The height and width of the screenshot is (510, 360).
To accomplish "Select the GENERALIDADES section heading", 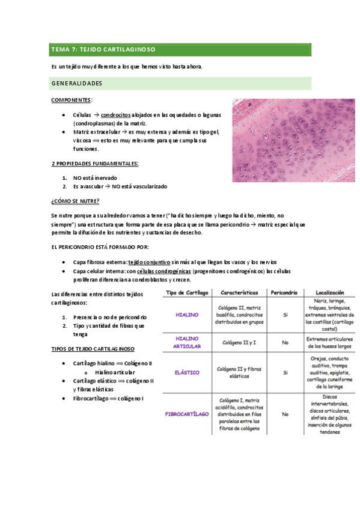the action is coord(76,83).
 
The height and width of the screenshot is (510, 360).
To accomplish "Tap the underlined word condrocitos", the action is coord(116,114).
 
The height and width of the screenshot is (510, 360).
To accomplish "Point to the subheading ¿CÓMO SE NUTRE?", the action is coord(75,201).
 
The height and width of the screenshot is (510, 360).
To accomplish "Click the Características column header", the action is coord(239,292).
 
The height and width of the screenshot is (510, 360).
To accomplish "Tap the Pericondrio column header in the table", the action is coord(284,292).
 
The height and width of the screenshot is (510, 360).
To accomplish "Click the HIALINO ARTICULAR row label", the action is coord(187,342).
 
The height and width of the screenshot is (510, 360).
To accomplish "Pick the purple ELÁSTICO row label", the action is coord(187,373).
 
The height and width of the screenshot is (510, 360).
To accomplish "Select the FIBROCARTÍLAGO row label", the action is coord(187,414).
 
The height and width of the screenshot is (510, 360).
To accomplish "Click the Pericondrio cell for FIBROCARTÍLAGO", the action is coord(285,414).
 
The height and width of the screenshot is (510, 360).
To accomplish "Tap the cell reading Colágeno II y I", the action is coord(239,342).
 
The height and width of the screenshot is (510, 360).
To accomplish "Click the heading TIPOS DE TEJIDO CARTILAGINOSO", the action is coord(93,349).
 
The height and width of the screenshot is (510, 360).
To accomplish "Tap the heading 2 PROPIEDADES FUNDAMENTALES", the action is coord(96,164).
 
